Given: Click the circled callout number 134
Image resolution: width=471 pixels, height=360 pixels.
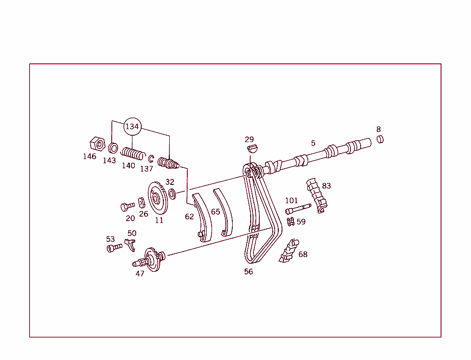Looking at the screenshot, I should coord(132,126).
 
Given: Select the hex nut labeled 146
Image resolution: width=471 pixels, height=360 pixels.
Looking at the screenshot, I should coord(97,144).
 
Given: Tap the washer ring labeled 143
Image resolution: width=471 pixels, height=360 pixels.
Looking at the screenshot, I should coord(113,148).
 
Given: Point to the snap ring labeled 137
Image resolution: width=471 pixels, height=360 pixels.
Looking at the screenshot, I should coord(151,158).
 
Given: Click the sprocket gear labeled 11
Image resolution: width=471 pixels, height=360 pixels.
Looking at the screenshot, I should coord(157,198).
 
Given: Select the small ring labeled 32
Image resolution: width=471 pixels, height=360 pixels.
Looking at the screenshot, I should coord(172,194).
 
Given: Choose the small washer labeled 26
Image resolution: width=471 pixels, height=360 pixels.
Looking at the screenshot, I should coord(142,201).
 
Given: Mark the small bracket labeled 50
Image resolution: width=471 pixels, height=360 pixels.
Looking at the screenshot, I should coord(130,244).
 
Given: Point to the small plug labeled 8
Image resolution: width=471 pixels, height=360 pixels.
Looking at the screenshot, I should coord(380,139).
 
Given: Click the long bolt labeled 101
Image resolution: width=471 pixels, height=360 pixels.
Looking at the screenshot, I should coord(298,209).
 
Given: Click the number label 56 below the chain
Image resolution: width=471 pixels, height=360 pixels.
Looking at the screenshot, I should coord(248,272).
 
